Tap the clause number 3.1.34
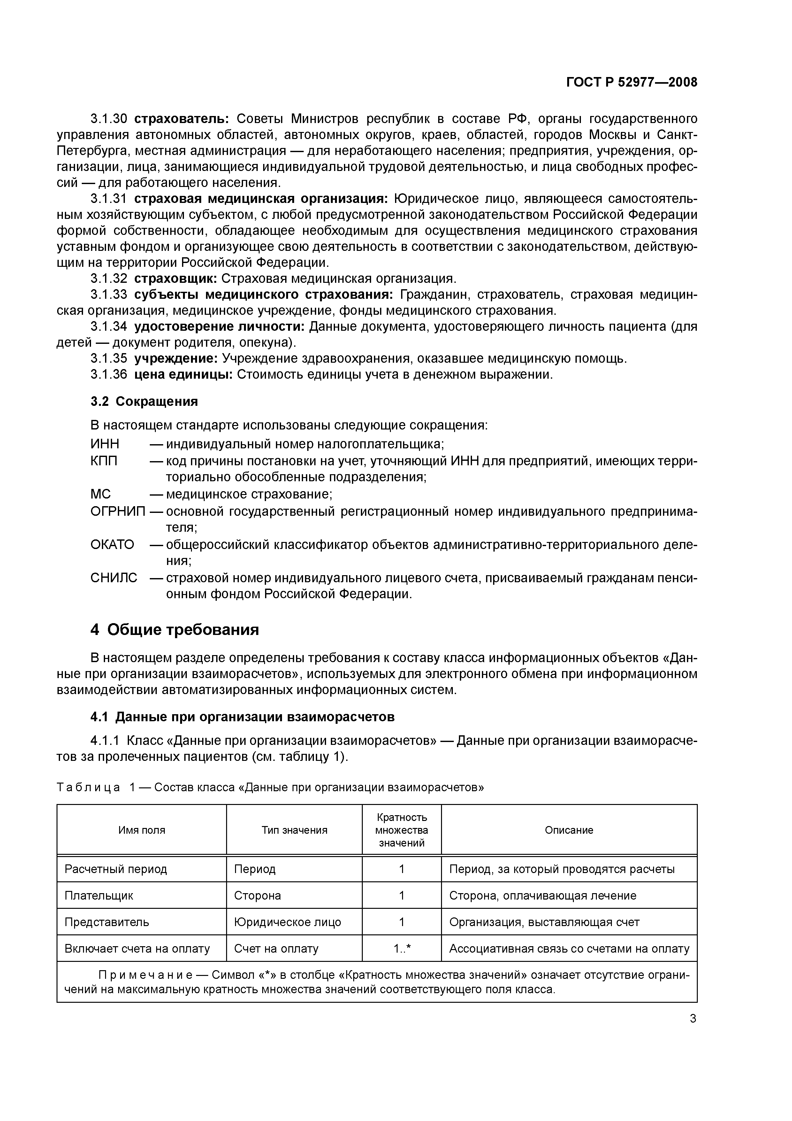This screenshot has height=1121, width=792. pyautogui.click(x=108, y=327)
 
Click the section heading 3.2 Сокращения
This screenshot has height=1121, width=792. pyautogui.click(x=144, y=401)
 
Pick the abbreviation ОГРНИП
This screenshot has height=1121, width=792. pyautogui.click(x=118, y=511)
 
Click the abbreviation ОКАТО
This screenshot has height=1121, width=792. pyautogui.click(x=112, y=545)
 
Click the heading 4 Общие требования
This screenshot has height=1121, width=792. pyautogui.click(x=174, y=630)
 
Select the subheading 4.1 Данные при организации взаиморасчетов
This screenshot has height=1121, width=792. pyautogui.click(x=242, y=717)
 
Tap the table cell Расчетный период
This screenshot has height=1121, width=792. pyautogui.click(x=116, y=869)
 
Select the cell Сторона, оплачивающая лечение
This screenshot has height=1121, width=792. pyautogui.click(x=542, y=895)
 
